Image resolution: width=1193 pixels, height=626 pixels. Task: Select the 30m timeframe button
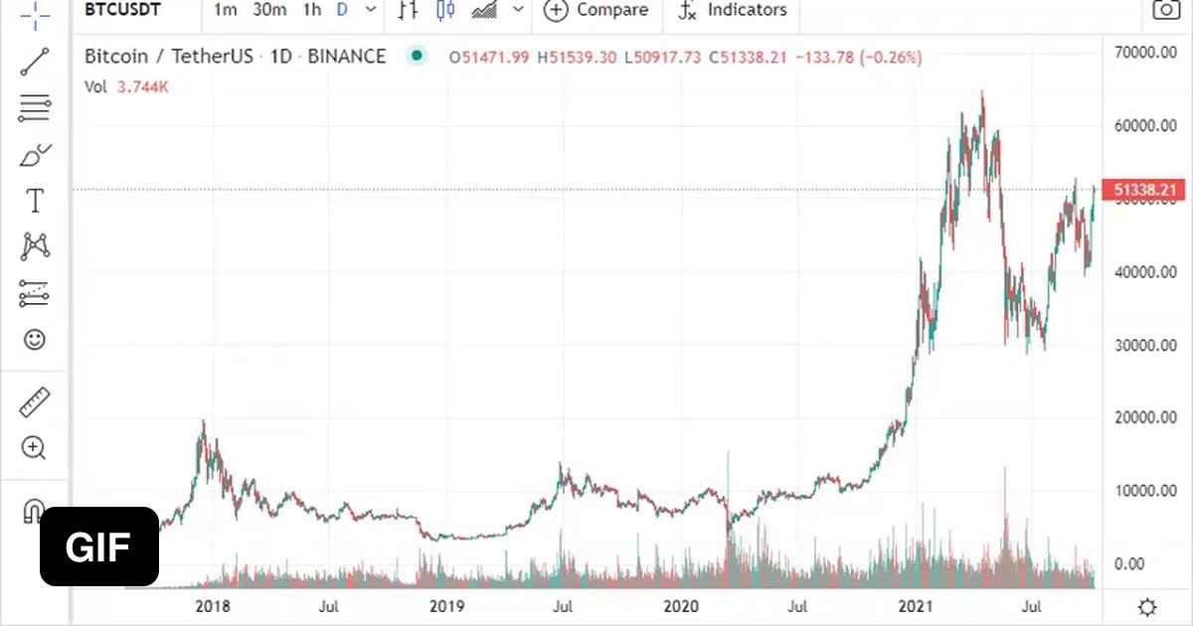269,10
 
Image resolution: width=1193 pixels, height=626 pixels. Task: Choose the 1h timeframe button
312,10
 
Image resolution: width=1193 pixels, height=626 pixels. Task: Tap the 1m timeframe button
226,10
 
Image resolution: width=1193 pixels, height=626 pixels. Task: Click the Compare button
596,10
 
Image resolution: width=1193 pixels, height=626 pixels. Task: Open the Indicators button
733,10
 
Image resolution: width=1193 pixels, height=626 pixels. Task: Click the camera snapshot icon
1165,10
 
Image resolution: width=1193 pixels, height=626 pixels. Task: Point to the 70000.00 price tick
1145,53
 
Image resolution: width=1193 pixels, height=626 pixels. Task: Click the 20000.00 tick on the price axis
1145,417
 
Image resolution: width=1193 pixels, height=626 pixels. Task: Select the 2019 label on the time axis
445,605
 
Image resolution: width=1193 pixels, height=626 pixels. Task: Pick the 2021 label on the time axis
915,605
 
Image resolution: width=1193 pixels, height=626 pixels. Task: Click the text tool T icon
35,201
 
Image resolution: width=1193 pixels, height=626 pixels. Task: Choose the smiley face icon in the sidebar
35,340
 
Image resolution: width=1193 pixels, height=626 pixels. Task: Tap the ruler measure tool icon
35,403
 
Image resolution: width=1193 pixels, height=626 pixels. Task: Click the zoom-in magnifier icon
35,448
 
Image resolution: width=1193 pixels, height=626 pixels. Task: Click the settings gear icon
1146,607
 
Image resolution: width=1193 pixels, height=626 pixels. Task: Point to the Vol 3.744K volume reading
126,86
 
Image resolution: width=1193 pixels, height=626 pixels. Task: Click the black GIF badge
99,547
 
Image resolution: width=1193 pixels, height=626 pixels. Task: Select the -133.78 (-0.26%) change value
856,58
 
